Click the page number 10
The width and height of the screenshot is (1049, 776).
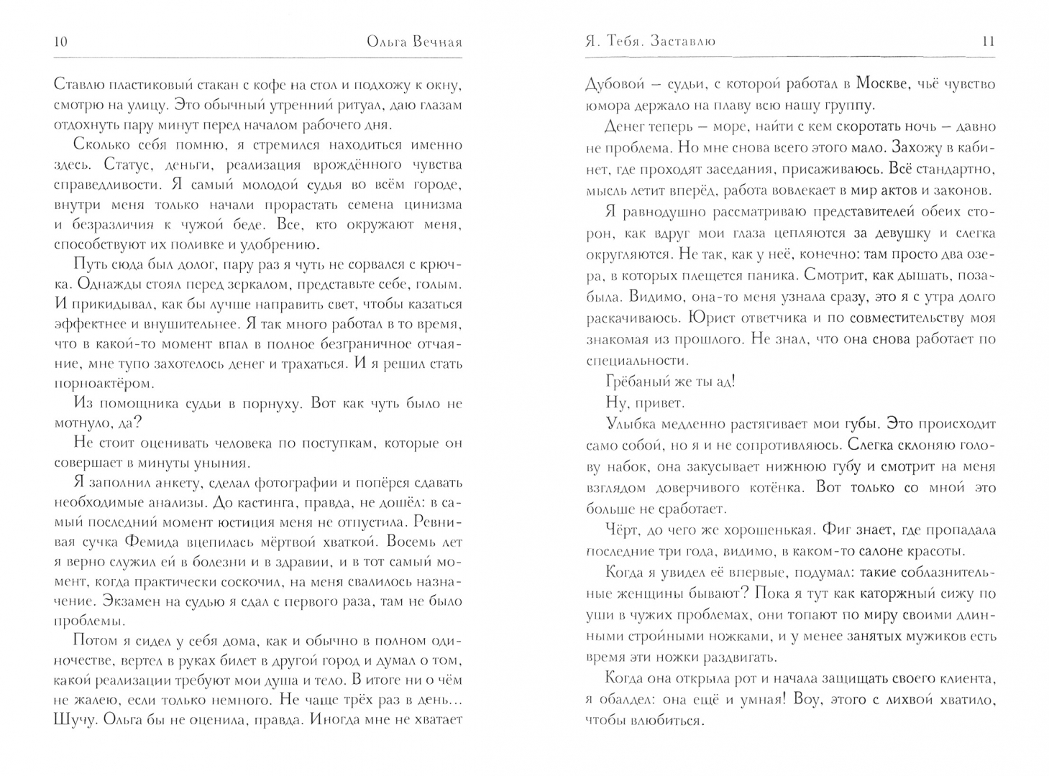pyautogui.click(x=60, y=42)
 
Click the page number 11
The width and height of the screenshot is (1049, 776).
pyautogui.click(x=988, y=42)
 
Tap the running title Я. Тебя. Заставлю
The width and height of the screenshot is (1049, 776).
pyautogui.click(x=651, y=42)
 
